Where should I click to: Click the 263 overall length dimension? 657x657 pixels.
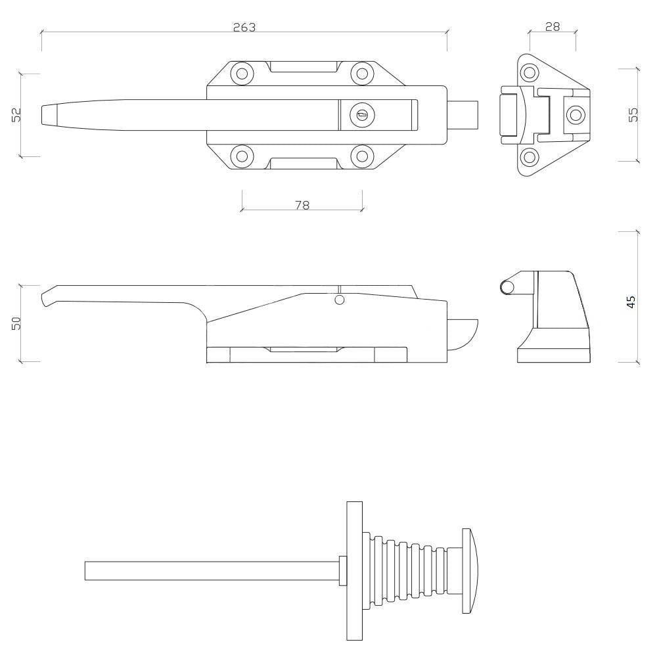(x=244, y=27)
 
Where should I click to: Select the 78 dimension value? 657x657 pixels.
(x=302, y=205)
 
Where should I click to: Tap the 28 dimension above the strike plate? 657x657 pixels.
(x=553, y=27)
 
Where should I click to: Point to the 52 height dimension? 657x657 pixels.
(x=16, y=115)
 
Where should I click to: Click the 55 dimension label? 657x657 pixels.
(x=633, y=114)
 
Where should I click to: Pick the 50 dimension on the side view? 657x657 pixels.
(x=16, y=323)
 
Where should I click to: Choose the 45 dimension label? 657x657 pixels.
(x=631, y=302)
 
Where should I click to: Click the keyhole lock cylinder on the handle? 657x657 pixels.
(x=361, y=114)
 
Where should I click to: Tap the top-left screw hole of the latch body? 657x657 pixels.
(x=242, y=74)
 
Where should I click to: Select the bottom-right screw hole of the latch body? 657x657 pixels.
(x=361, y=156)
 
